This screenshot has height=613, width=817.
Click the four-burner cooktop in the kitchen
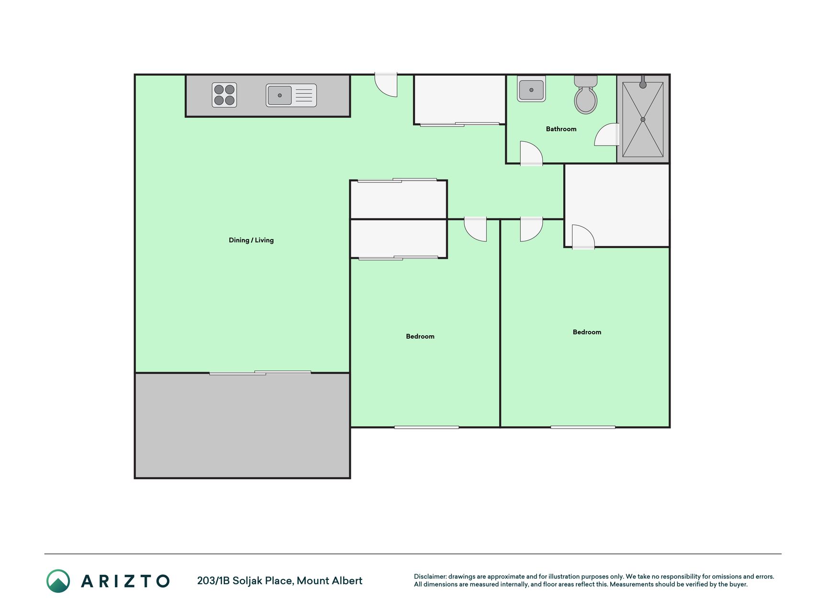[224, 95]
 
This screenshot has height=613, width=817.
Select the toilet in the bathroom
[586, 94]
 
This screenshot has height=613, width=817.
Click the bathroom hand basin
[531, 89]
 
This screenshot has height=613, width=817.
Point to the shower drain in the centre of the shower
[643, 119]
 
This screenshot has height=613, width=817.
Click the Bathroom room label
[561, 129]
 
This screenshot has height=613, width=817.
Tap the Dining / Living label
[251, 240]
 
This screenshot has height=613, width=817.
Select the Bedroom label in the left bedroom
[420, 336]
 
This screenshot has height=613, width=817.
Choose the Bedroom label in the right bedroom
[587, 332]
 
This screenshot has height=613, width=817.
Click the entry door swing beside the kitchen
[386, 85]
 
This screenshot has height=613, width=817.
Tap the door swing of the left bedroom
[475, 229]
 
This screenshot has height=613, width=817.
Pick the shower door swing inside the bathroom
[607, 135]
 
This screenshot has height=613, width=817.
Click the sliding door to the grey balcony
[260, 373]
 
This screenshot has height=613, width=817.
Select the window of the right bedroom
[582, 427]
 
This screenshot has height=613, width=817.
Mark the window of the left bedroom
[426, 427]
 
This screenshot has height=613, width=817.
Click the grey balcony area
[242, 425]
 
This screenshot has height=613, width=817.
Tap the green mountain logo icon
[58, 581]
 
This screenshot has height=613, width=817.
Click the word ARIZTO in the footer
[125, 581]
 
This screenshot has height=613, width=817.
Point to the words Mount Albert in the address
[329, 580]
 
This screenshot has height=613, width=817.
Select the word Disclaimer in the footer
[430, 577]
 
